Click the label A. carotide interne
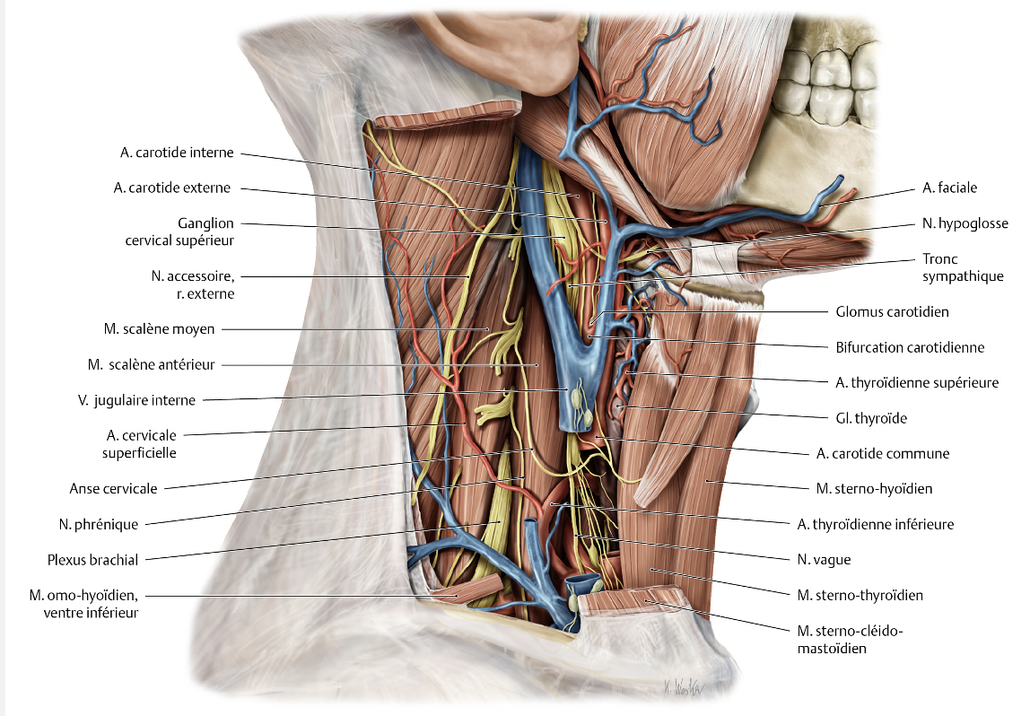click(x=177, y=153)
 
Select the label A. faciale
click(x=949, y=188)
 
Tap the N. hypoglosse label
click(x=965, y=223)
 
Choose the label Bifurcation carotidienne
click(x=910, y=347)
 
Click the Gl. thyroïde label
click(x=877, y=418)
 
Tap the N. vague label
click(x=824, y=559)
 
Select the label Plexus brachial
click(x=93, y=560)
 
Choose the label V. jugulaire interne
click(x=136, y=400)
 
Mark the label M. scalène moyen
click(x=159, y=329)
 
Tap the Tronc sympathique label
click(x=963, y=267)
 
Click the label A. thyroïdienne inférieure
click(x=875, y=524)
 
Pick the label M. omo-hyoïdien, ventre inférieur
click(x=87, y=604)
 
